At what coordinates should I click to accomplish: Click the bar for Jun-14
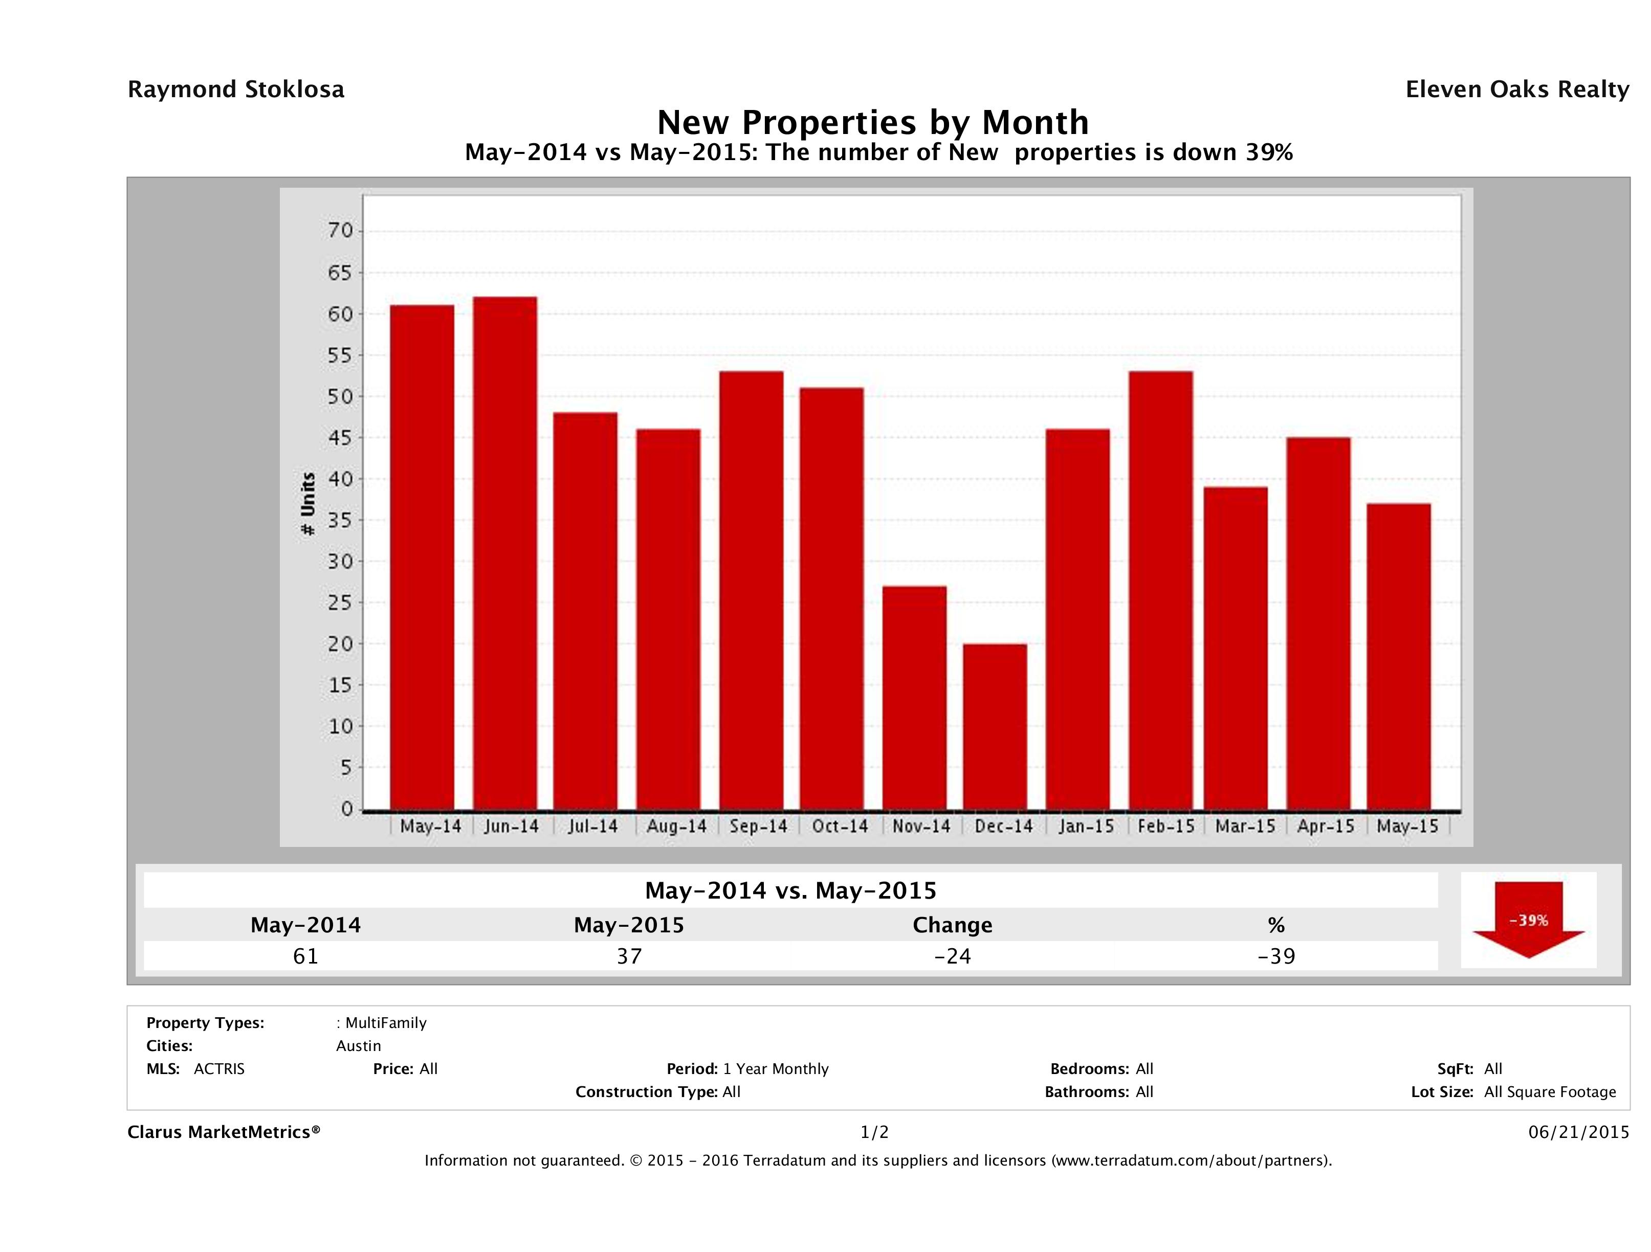point(504,553)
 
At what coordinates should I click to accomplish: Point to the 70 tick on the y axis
point(340,231)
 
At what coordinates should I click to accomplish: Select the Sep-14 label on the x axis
point(758,826)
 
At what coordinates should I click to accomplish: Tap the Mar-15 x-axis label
point(1245,826)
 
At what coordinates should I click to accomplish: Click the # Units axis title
point(307,504)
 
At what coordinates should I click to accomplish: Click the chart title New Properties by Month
point(872,122)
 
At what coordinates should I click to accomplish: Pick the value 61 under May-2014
point(305,956)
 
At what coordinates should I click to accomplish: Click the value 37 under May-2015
point(628,956)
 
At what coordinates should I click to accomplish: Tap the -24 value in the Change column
point(953,956)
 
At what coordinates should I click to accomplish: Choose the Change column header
point(953,925)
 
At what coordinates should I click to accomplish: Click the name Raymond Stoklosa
point(236,90)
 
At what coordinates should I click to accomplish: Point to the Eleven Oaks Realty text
point(1516,90)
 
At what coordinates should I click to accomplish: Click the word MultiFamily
point(385,1023)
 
